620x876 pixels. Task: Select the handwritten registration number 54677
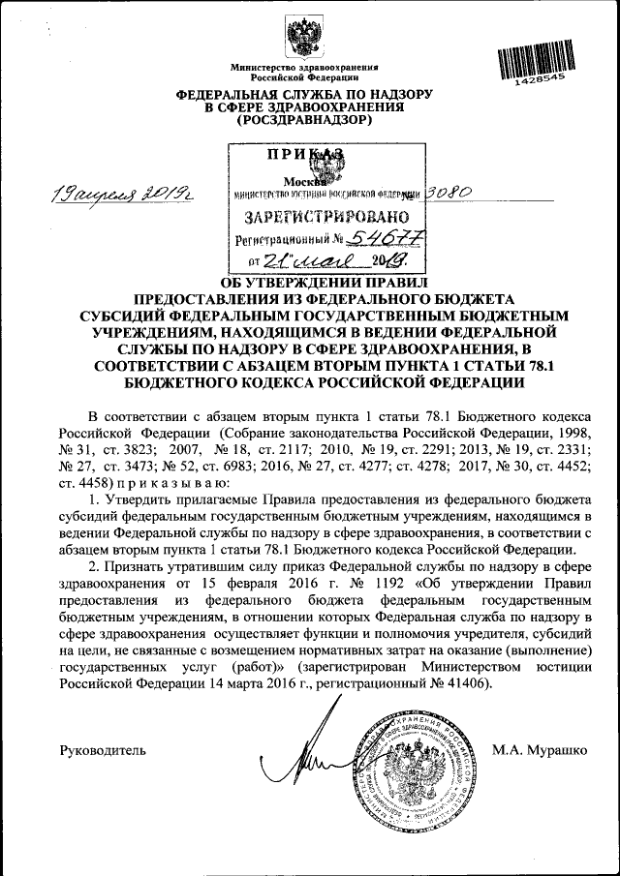372,238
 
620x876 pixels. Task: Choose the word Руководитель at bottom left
103,749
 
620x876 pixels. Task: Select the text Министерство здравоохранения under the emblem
303,66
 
